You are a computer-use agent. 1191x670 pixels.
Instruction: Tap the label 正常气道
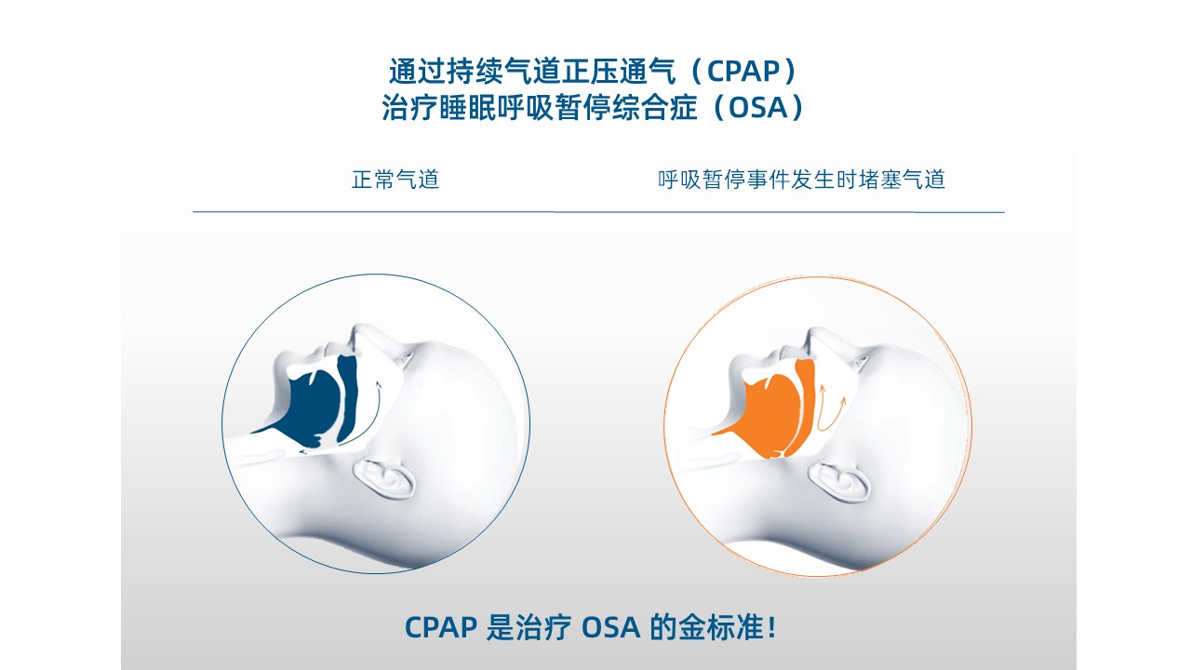[395, 180]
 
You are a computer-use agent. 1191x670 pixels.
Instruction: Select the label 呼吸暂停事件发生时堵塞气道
[801, 180]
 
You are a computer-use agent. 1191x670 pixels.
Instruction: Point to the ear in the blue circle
[384, 479]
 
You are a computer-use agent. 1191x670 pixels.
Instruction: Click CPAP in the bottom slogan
[441, 627]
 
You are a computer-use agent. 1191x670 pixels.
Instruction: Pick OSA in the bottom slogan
[611, 627]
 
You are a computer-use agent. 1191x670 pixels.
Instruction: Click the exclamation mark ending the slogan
[772, 628]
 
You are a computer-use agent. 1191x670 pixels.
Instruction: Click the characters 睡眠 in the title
[468, 107]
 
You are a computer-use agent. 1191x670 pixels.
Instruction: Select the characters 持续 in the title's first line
[475, 72]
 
